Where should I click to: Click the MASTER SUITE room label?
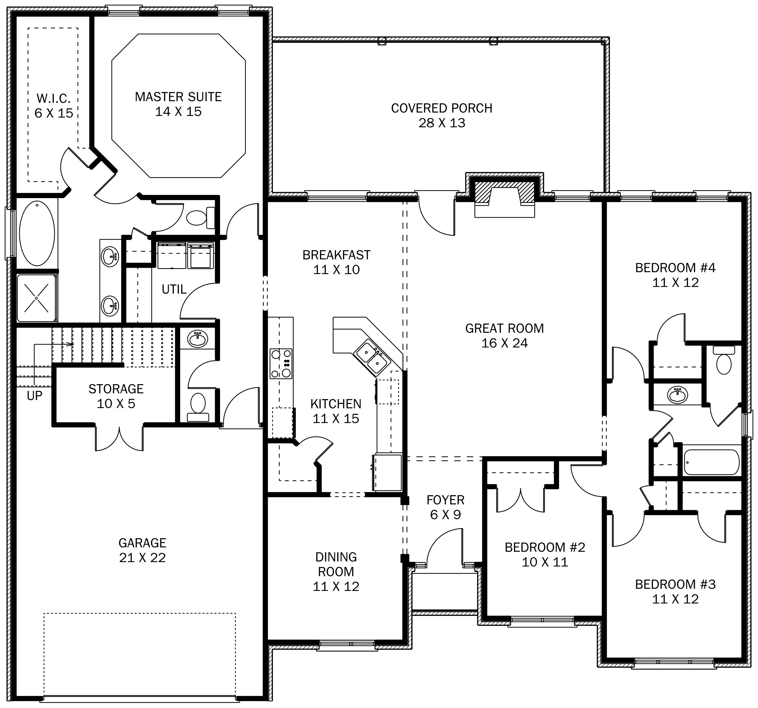178,97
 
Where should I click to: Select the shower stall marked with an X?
37,298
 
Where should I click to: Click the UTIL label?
174,289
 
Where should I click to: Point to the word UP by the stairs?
34,396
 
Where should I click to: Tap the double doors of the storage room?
119,438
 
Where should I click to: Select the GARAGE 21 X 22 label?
142,550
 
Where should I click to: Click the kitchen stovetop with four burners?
281,363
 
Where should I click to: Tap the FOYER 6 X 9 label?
445,507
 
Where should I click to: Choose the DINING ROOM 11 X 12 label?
336,571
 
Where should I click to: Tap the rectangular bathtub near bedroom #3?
711,462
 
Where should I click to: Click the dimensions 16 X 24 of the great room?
504,343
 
